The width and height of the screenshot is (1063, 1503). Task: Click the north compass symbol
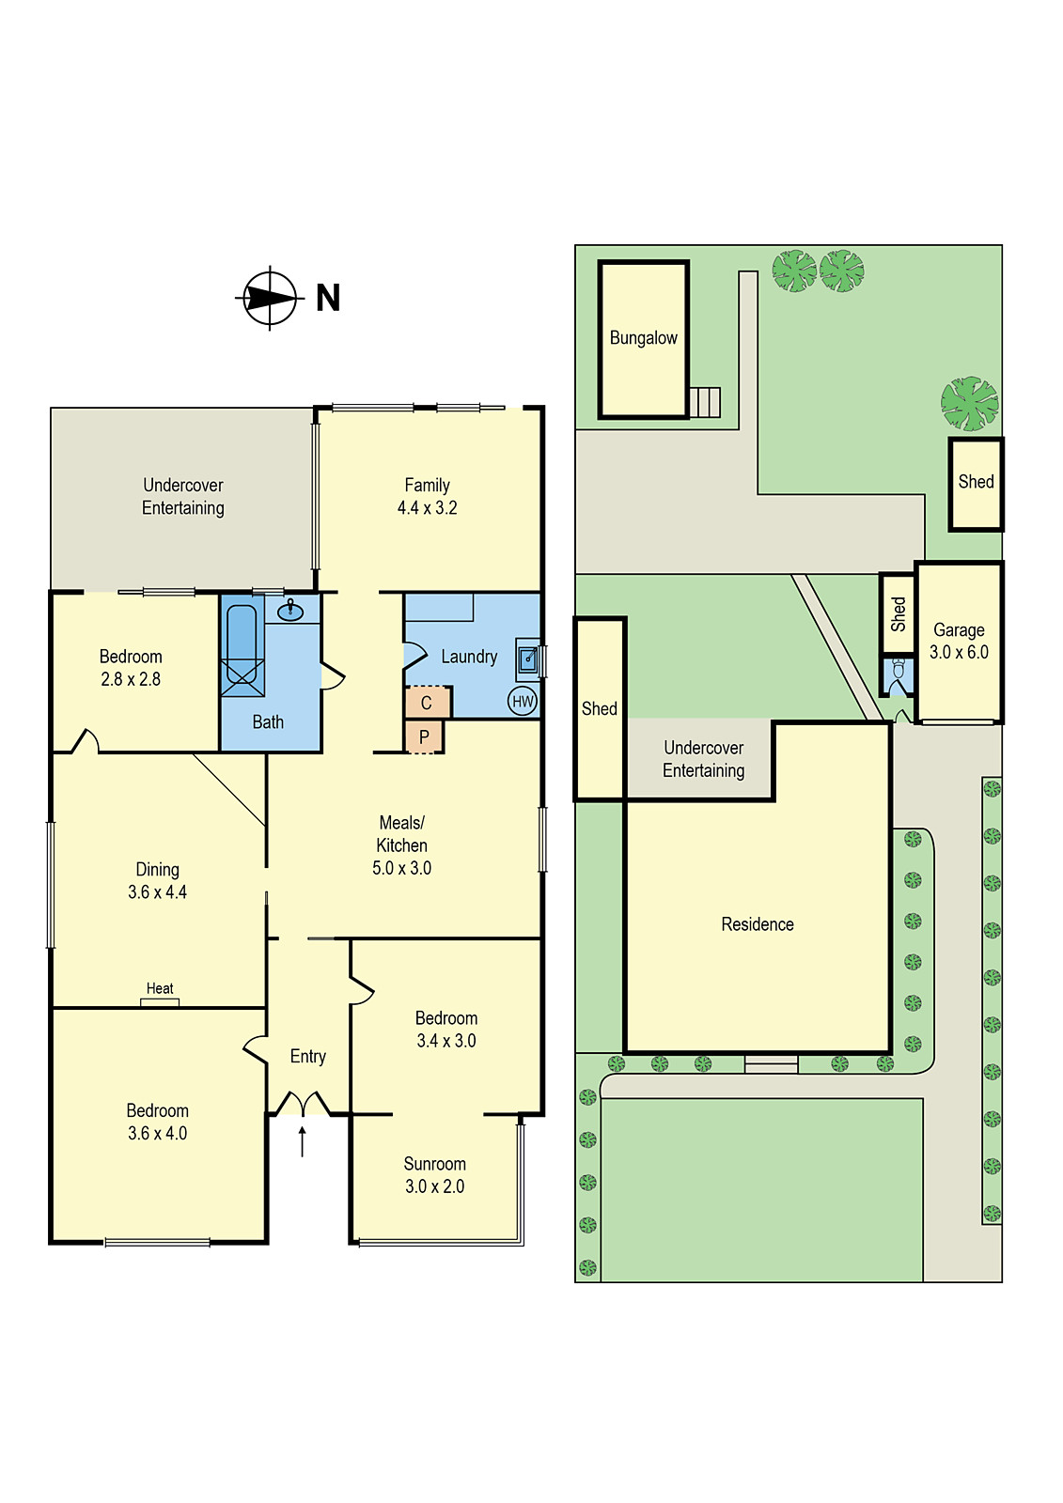point(270,298)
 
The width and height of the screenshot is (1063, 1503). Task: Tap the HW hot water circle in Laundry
point(523,701)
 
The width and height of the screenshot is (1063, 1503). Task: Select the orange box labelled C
point(427,703)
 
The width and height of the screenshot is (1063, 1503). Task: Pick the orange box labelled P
point(424,737)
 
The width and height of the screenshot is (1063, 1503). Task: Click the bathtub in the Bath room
point(242,648)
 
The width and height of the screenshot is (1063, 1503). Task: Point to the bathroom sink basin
point(290,612)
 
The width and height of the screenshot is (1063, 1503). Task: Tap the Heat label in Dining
point(160,988)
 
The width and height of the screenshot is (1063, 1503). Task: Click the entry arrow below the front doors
point(302,1140)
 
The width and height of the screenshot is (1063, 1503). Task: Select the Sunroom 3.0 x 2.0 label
point(434,1175)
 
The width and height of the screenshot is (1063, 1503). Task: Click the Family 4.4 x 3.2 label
point(427,496)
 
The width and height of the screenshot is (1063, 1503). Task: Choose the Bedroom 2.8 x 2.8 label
point(131,668)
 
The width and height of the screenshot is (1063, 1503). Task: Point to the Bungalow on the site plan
point(644,338)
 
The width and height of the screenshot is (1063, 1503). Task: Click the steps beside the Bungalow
point(705,402)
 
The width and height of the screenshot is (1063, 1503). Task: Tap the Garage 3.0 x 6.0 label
point(959,641)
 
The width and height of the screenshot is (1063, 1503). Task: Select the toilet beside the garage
point(898,670)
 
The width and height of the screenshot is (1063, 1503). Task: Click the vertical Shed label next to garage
point(898,613)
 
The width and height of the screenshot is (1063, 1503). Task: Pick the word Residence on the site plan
point(758,924)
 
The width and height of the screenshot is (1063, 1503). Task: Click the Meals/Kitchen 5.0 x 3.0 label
point(401,845)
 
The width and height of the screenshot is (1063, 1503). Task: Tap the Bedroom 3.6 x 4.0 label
point(157,1122)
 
